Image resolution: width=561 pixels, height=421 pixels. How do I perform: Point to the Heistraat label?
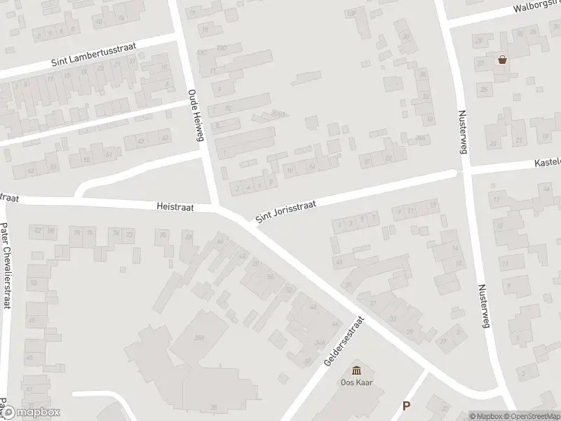click(x=175, y=207)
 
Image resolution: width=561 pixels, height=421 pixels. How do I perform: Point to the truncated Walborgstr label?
click(x=536, y=8)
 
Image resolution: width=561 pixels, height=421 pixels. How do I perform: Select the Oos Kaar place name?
click(x=356, y=383)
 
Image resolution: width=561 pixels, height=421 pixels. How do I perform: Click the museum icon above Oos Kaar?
click(x=356, y=370)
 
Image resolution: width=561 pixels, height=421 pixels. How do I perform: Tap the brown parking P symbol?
click(x=406, y=406)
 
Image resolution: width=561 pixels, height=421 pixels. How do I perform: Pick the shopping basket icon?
click(x=502, y=60)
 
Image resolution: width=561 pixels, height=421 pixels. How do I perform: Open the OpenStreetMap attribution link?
click(x=532, y=416)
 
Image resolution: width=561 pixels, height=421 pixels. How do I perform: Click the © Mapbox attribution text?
click(x=486, y=416)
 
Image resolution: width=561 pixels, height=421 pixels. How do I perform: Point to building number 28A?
click(x=198, y=338)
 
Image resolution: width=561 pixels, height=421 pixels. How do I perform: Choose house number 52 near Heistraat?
click(x=289, y=290)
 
